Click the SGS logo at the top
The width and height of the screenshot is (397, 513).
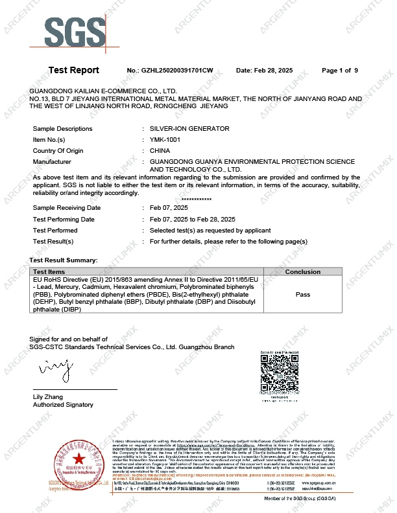[x=75, y=30]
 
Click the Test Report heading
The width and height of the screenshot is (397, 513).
[x=74, y=70]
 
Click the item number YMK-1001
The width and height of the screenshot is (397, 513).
[x=166, y=139]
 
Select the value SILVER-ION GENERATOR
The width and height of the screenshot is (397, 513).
[x=189, y=129]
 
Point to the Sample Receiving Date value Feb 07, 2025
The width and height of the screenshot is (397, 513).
[x=169, y=208]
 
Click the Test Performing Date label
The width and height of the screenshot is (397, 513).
[x=64, y=220]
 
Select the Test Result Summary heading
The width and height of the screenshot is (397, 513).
[x=64, y=260]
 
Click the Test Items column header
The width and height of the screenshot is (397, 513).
[x=49, y=272]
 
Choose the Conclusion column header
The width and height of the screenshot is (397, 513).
[x=302, y=272]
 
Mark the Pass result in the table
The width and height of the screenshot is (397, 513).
[x=302, y=295]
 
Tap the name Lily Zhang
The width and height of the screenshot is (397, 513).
[x=47, y=396]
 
